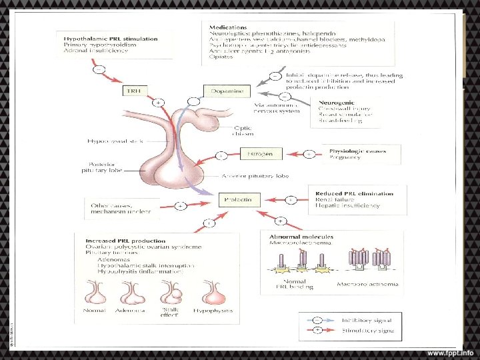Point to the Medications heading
click(225, 25)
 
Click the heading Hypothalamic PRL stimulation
click(111, 39)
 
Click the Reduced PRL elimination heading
click(355, 193)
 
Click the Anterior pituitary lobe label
click(257, 177)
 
